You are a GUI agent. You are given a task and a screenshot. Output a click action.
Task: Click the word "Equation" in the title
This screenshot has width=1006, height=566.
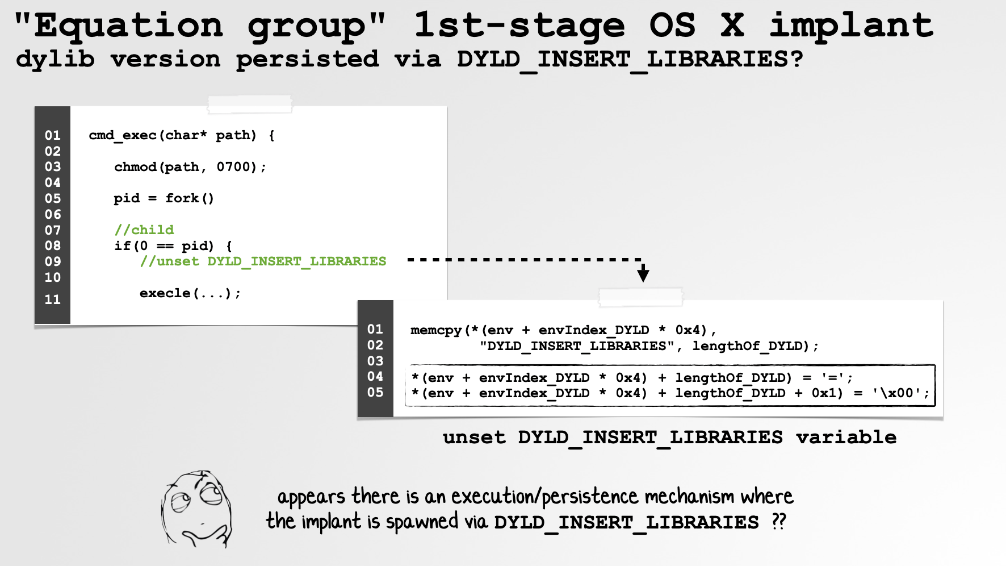[129, 26]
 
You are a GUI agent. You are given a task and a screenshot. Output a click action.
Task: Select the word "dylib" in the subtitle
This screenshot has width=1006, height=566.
[56, 59]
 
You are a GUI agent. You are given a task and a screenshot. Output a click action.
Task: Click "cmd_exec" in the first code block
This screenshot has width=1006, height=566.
[123, 135]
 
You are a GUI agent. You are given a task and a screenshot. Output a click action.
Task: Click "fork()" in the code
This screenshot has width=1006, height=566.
[190, 198]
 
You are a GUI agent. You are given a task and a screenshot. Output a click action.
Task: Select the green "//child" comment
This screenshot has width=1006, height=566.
[144, 230]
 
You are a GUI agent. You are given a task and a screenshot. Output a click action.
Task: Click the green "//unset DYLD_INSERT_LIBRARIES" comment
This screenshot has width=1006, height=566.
[263, 261]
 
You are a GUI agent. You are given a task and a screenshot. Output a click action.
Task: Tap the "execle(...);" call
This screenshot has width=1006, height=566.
[190, 293]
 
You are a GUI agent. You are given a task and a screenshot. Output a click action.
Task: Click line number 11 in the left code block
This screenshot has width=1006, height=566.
[52, 299]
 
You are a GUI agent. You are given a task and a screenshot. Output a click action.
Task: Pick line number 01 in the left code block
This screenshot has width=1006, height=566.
[52, 135]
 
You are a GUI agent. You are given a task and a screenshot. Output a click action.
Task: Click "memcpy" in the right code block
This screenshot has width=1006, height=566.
[436, 330]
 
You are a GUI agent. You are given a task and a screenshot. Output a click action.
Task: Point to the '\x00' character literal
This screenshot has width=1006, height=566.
[896, 393]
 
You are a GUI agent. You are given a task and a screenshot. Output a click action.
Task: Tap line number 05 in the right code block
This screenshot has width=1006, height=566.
[375, 392]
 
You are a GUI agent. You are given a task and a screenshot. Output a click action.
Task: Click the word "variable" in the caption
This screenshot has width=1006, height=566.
[846, 437]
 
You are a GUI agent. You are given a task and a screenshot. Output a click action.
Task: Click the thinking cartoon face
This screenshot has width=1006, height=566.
[196, 509]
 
